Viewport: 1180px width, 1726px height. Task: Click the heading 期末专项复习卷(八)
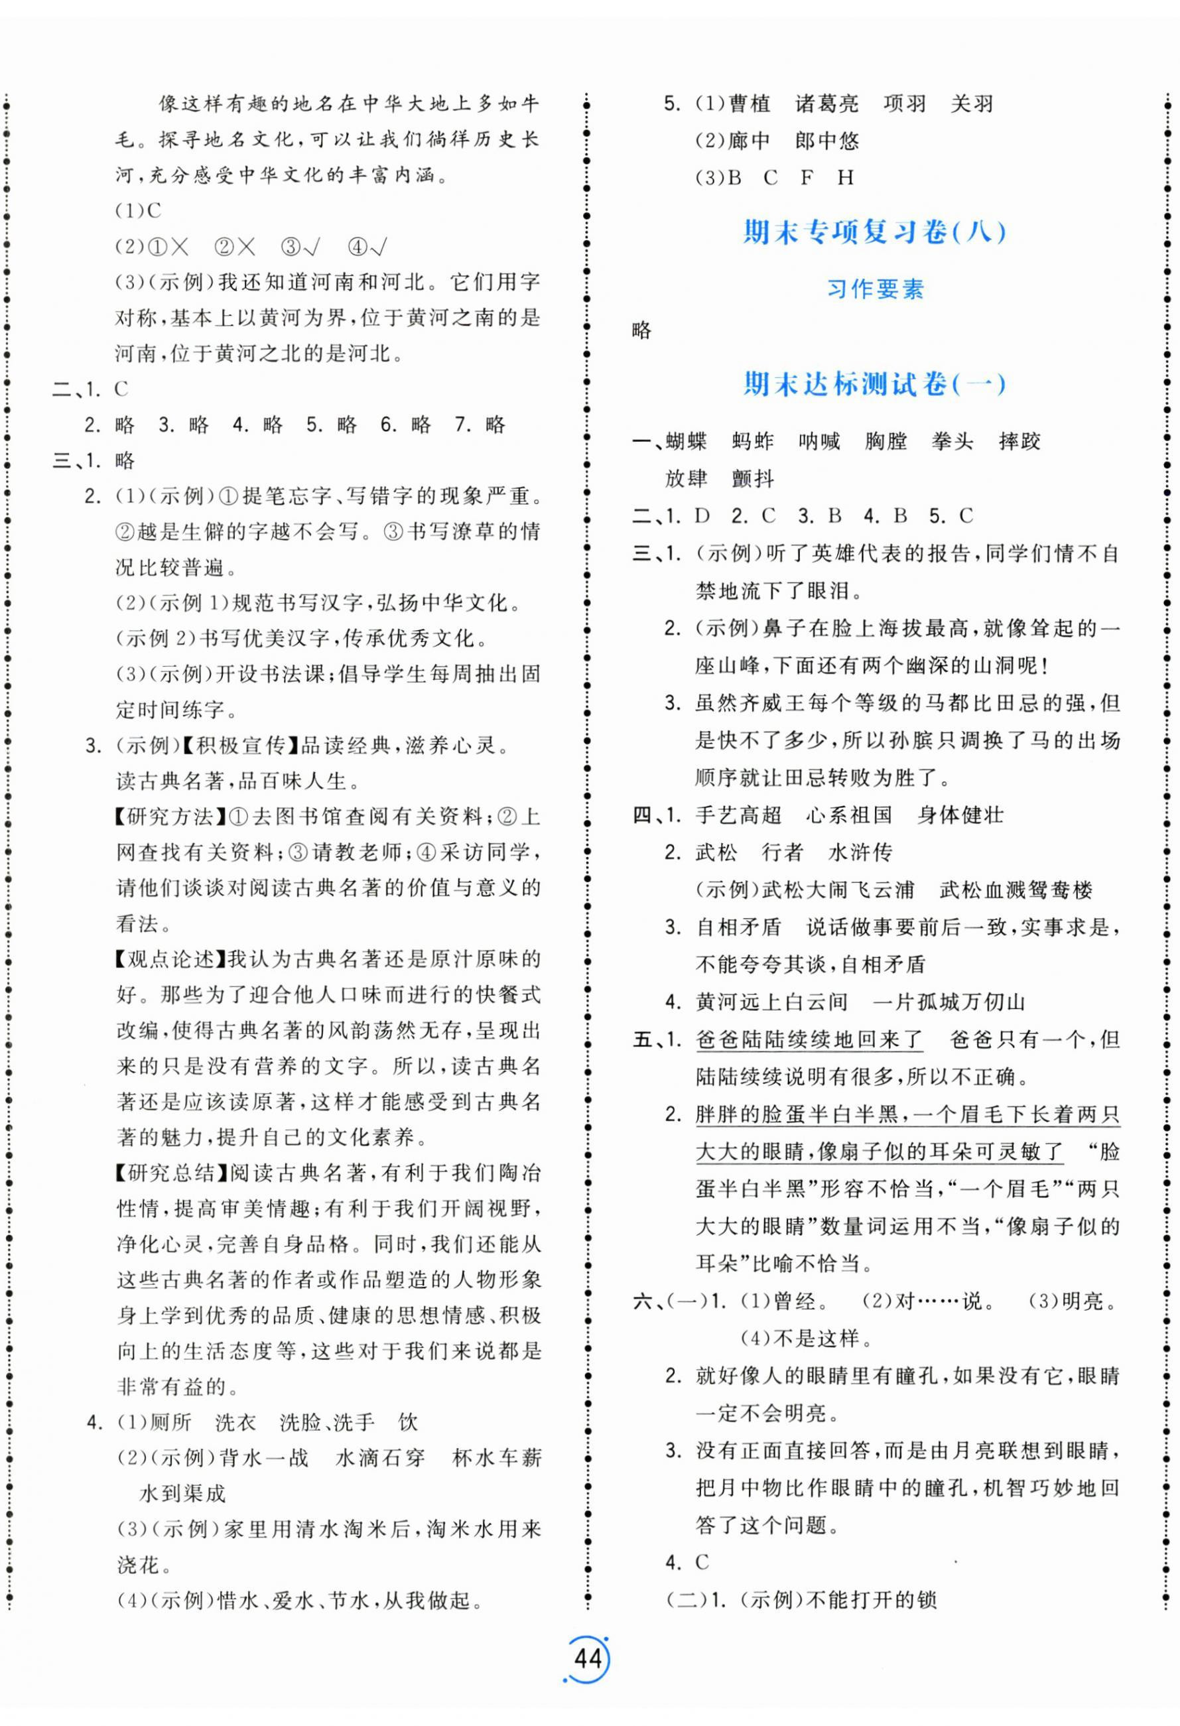click(874, 232)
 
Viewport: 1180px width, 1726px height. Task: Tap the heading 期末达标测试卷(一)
click(874, 384)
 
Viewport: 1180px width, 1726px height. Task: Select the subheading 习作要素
click(875, 289)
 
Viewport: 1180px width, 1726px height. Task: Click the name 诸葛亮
click(826, 104)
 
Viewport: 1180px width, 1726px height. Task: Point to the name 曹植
click(750, 104)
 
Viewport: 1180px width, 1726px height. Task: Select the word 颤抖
click(753, 479)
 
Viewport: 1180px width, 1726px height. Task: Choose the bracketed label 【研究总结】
click(170, 1173)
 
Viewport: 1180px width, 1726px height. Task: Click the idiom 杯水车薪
click(496, 1458)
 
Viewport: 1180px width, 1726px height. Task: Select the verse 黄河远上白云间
click(771, 1002)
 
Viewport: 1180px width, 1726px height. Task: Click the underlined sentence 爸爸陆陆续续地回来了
click(809, 1039)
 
